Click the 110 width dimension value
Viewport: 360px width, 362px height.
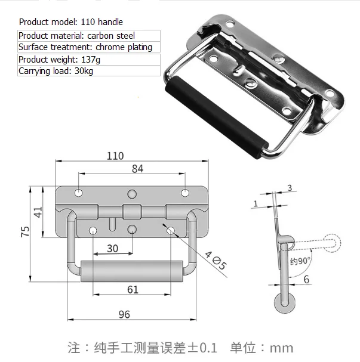tap(115, 156)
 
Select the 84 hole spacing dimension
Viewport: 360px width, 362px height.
tap(137, 169)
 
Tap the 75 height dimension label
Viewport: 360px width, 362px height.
tap(24, 233)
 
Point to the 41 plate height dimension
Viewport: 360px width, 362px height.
tap(38, 212)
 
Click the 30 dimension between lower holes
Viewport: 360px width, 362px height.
tap(112, 247)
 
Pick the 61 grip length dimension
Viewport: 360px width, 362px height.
tap(133, 289)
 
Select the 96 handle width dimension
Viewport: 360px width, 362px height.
tap(125, 314)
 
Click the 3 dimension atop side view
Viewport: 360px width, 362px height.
tap(290, 188)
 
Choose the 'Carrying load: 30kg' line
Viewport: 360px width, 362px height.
tap(56, 72)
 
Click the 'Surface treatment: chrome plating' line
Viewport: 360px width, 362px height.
tap(85, 47)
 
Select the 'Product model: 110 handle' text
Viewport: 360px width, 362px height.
tap(71, 22)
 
